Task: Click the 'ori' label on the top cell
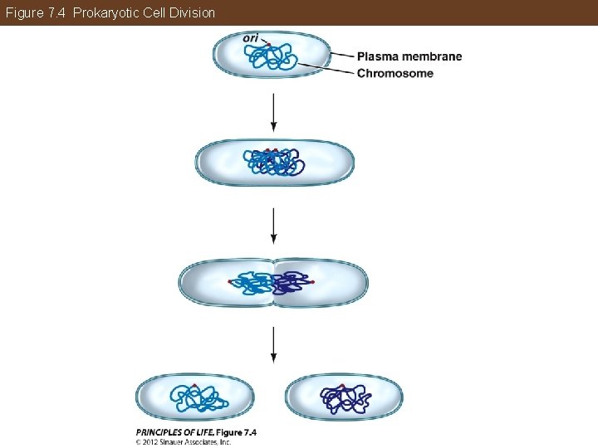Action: [251, 37]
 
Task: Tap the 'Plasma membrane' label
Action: [409, 56]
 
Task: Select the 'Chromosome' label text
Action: [395, 73]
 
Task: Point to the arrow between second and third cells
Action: [273, 224]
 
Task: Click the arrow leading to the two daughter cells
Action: [273, 344]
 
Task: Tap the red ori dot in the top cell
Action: [268, 43]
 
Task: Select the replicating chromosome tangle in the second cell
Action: [272, 162]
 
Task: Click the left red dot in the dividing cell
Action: [230, 282]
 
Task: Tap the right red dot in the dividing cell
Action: [313, 282]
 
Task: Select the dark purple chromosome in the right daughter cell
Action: [346, 399]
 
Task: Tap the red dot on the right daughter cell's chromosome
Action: [341, 385]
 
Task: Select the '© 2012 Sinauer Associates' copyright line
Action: [183, 442]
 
